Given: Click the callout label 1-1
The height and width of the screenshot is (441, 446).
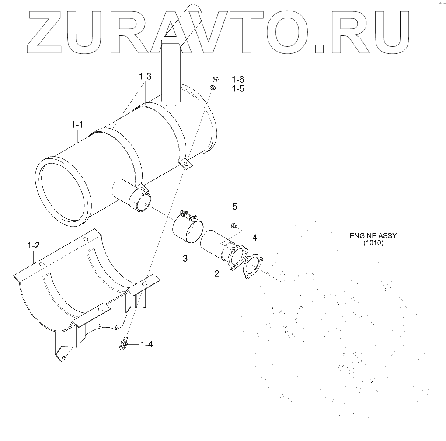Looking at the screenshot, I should [77, 125].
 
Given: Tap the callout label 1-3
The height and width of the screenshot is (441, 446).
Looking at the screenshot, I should [145, 77].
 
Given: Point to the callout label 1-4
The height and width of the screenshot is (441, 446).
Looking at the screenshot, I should [146, 344].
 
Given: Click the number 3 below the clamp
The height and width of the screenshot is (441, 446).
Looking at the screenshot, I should [185, 259].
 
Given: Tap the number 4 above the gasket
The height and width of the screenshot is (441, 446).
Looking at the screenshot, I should [254, 238].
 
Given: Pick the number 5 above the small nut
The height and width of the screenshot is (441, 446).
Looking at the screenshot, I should [235, 206].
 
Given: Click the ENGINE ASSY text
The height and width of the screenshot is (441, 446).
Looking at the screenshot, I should [373, 235].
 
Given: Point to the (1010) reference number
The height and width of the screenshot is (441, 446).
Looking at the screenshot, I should [373, 243].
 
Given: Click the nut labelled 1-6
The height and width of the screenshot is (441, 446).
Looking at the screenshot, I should [215, 79].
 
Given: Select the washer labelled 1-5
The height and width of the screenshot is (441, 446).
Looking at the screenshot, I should [213, 88].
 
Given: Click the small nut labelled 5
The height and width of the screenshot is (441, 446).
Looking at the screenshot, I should [234, 225].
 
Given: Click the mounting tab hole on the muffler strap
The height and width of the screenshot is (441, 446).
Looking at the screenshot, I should [186, 164].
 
